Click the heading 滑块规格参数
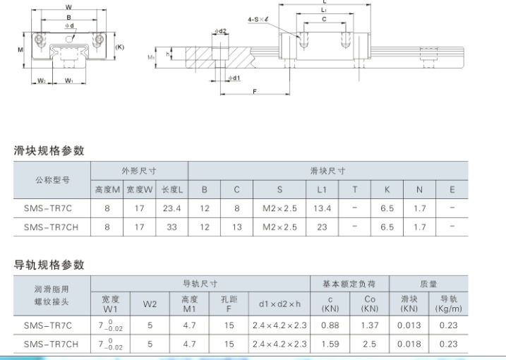coord(49,150)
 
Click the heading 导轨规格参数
coord(49,265)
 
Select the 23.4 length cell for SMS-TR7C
coord(171,208)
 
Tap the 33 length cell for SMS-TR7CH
coord(171,227)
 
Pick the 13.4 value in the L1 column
coord(322,208)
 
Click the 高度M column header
coord(107,189)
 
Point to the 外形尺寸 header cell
coord(139,171)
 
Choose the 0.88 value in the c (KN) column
coord(330,325)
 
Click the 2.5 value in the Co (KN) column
coord(370,344)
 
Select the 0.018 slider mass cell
coord(409,344)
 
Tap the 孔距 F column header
coord(229,304)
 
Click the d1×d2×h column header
coord(279,304)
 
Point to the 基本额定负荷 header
coord(349,284)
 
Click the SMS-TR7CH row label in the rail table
coord(51,344)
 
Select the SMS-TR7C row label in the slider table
coord(48,208)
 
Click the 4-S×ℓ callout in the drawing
coord(258,19)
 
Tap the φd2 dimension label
coord(220,31)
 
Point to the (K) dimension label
coord(120,47)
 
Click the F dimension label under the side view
coord(255,91)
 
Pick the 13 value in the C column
coord(237,227)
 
